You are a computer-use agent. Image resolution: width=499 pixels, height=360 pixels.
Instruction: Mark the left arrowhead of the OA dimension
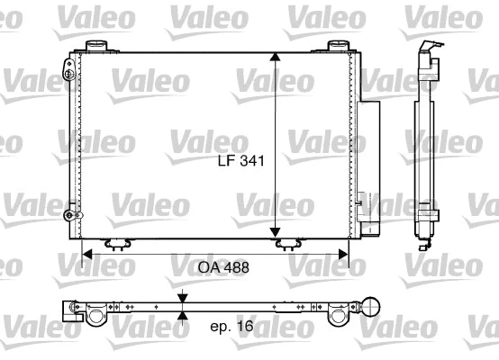pyautogui.click(x=87, y=254)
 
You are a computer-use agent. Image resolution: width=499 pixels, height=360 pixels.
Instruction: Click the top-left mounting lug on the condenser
pyautogui.click(x=95, y=46)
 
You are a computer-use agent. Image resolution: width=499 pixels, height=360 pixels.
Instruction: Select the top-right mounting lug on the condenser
pyautogui.click(x=337, y=46)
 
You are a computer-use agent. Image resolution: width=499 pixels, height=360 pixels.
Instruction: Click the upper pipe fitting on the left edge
pyautogui.click(x=69, y=67)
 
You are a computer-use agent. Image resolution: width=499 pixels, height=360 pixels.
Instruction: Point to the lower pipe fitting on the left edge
pyautogui.click(x=68, y=214)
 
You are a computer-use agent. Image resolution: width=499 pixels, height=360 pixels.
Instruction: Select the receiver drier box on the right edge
pyautogui.click(x=367, y=157)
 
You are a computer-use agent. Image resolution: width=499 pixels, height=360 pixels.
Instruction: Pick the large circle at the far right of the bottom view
pyautogui.click(x=369, y=307)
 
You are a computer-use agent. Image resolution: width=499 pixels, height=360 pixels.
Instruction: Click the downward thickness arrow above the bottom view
pyautogui.click(x=183, y=298)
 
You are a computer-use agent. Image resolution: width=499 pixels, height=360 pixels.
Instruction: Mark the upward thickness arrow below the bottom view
pyautogui.click(x=183, y=314)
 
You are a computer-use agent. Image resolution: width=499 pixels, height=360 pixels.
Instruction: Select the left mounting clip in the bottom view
pyautogui.click(x=94, y=313)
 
